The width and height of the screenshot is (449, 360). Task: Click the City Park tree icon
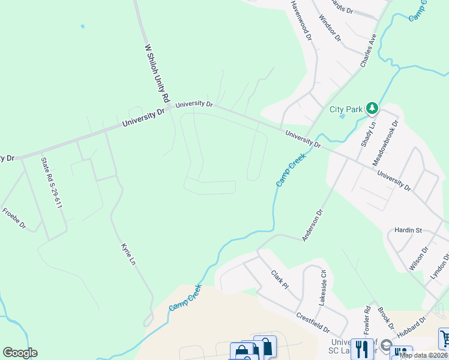point(373,108)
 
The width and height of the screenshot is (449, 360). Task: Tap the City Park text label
point(346,109)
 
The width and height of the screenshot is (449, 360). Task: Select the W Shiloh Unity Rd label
point(158,74)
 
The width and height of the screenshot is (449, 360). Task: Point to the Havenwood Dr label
point(301,20)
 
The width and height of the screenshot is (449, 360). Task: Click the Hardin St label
point(409,230)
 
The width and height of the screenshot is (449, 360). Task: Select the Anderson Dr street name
point(313,225)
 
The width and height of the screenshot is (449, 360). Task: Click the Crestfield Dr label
point(313,323)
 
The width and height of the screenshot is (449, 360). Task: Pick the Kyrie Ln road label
point(128,255)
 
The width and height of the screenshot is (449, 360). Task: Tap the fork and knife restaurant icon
point(362,349)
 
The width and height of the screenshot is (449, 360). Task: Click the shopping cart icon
point(445,338)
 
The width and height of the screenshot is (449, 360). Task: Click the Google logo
point(20,353)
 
